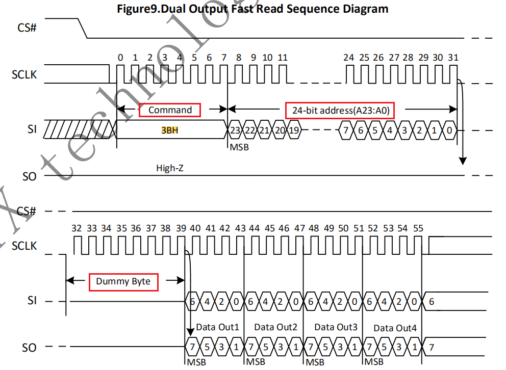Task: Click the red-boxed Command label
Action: pyautogui.click(x=170, y=110)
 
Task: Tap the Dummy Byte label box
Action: pyautogui.click(x=123, y=281)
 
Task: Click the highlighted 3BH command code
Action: pyautogui.click(x=170, y=130)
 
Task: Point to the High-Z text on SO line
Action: pyautogui.click(x=170, y=168)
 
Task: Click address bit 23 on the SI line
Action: pyautogui.click(x=235, y=130)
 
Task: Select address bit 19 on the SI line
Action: pyautogui.click(x=294, y=130)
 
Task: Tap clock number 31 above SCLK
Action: pyautogui.click(x=452, y=58)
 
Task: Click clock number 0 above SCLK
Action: pyautogui.click(x=120, y=58)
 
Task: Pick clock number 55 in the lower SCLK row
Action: pyautogui.click(x=418, y=228)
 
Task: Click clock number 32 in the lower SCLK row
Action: pyautogui.click(x=77, y=228)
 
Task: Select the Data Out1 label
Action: pyautogui.click(x=217, y=327)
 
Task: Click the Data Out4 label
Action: pyautogui.click(x=395, y=328)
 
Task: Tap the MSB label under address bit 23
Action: pyautogui.click(x=239, y=147)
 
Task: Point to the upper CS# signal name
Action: pyautogui.click(x=27, y=27)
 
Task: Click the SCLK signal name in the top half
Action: pyautogui.click(x=25, y=75)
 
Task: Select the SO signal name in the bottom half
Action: pyautogui.click(x=30, y=348)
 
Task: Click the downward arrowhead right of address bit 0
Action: pyautogui.click(x=463, y=161)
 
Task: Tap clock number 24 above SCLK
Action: pyautogui.click(x=348, y=58)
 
